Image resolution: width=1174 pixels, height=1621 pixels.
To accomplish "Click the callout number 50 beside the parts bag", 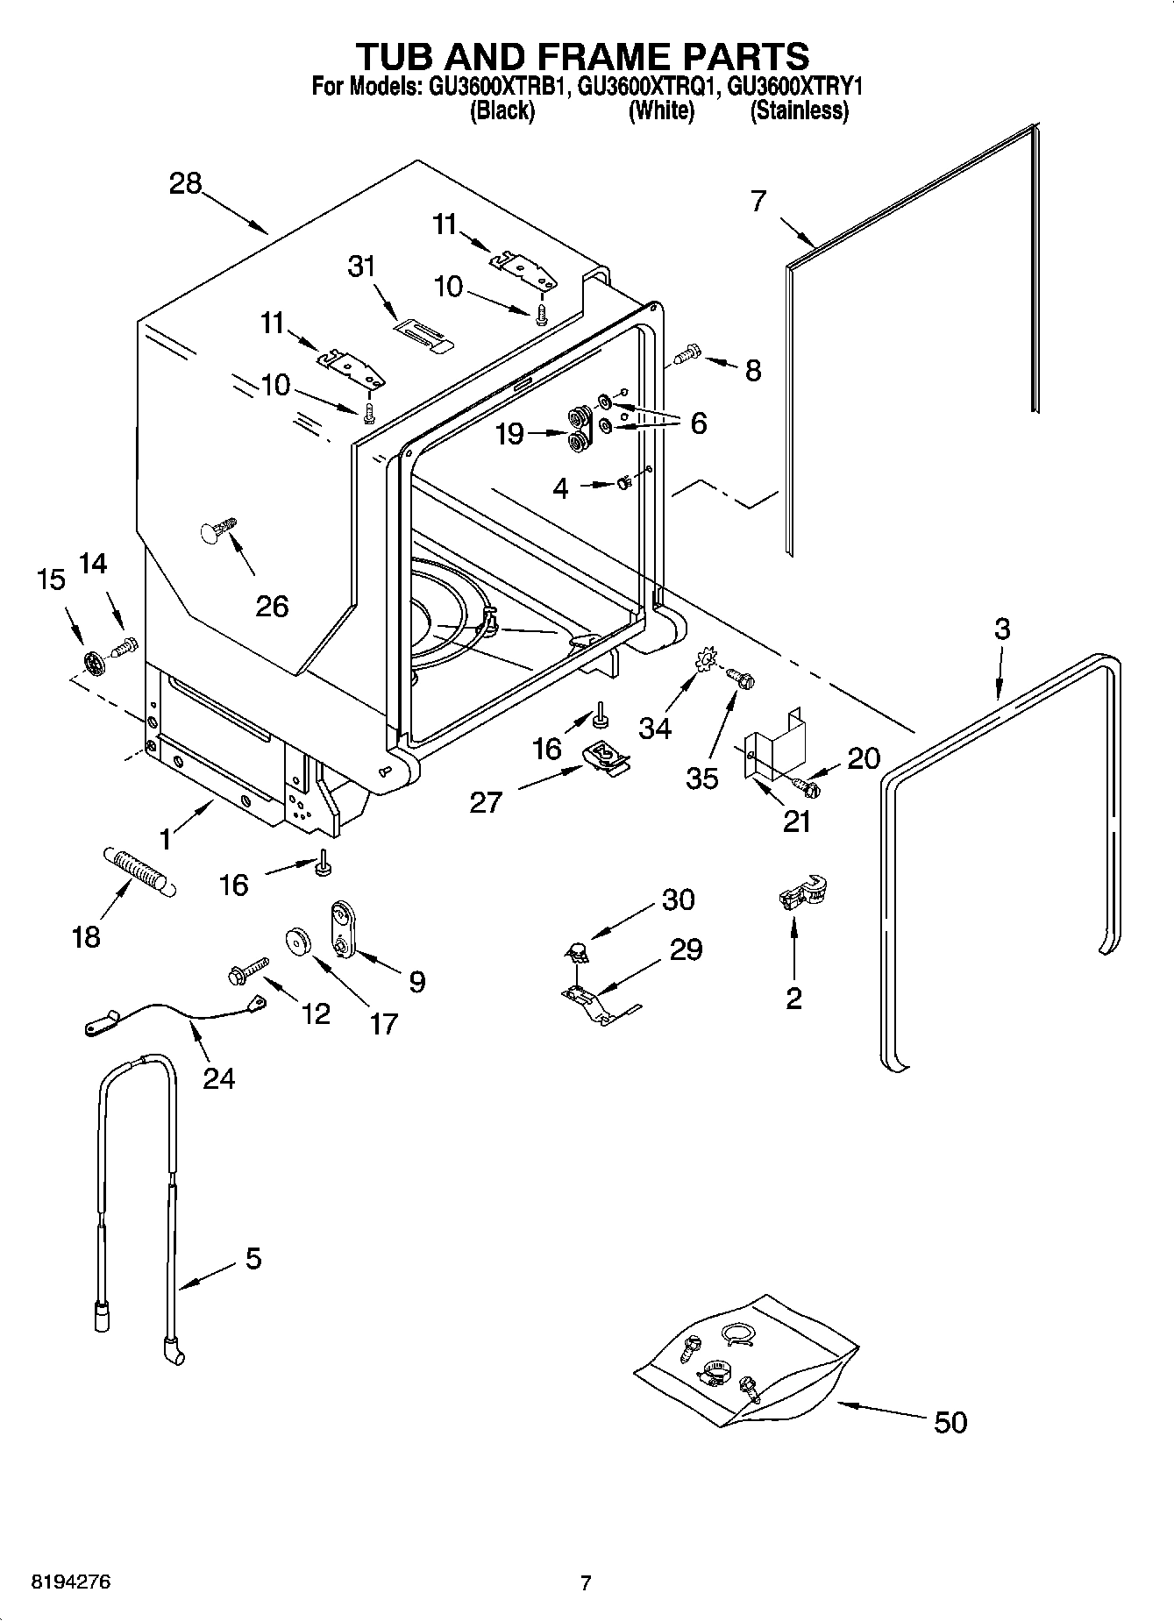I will click(950, 1421).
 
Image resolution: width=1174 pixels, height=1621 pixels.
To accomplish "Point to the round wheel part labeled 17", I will click(300, 942).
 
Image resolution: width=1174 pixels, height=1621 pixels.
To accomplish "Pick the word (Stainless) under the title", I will click(799, 111).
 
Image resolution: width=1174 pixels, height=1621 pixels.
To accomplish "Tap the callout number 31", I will click(362, 267).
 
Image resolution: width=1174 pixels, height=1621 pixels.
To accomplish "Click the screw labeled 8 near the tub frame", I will click(687, 355).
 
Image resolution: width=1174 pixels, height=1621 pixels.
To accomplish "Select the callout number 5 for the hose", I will click(253, 1259).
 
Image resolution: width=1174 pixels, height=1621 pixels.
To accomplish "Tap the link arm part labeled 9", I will click(341, 932).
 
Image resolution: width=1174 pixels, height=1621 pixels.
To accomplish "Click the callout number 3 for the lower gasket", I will click(1002, 629).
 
